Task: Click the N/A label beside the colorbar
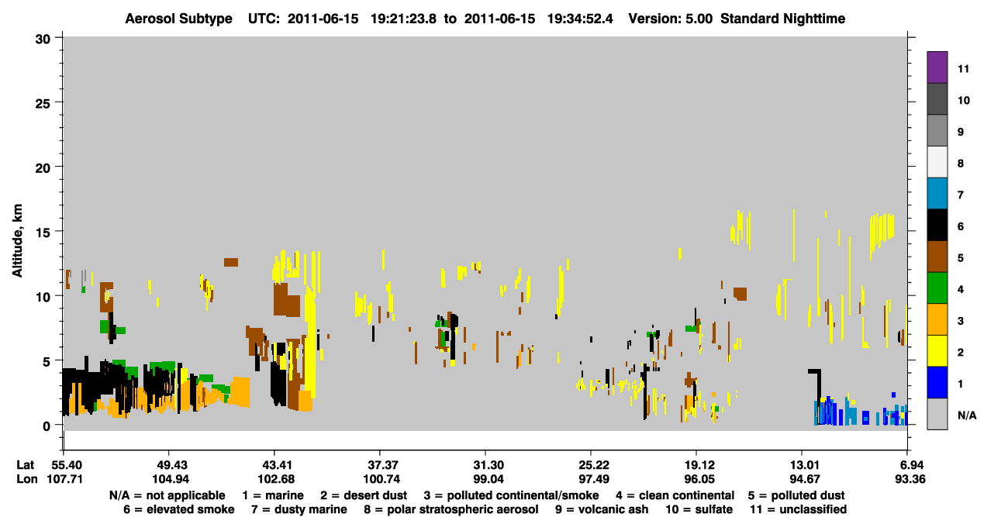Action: [967, 415]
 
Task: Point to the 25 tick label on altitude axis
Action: [43, 104]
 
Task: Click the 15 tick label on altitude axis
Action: [43, 233]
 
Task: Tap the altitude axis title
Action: [17, 240]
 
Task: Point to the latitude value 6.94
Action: [910, 465]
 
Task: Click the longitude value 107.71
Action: [65, 479]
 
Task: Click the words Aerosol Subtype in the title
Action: [178, 19]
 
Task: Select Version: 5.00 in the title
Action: [671, 19]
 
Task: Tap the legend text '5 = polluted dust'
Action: [796, 495]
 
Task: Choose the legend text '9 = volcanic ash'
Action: [602, 509]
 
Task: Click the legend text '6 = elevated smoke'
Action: [179, 509]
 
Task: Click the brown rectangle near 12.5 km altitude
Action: [231, 262]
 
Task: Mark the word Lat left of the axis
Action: [25, 465]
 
